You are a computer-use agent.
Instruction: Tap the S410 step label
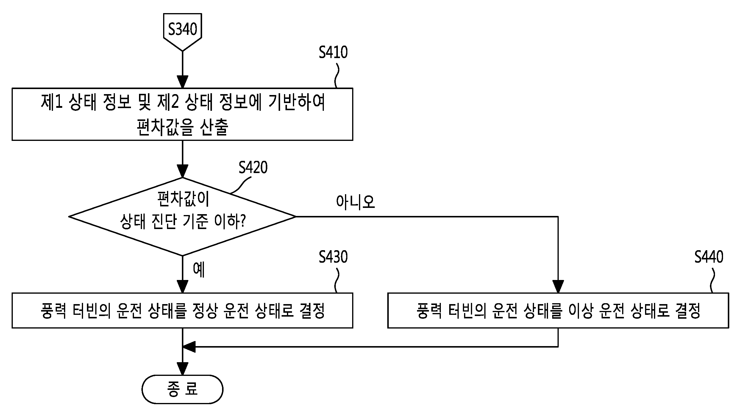click(333, 52)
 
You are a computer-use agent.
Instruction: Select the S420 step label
click(253, 167)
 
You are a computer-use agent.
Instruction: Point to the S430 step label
click(333, 257)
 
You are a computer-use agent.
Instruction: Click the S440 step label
click(709, 257)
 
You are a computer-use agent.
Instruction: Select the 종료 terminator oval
click(182, 389)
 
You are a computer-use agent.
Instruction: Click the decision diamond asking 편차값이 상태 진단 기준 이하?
click(182, 217)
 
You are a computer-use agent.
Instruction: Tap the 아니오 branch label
click(355, 202)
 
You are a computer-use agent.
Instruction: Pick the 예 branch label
click(199, 270)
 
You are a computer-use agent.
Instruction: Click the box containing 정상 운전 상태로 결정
click(182, 311)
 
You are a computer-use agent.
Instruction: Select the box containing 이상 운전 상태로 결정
click(558, 311)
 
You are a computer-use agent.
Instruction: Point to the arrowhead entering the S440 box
click(558, 287)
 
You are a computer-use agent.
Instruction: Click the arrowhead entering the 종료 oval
click(182, 369)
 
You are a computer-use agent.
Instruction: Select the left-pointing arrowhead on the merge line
click(189, 347)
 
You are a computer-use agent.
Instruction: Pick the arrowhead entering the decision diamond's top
click(182, 171)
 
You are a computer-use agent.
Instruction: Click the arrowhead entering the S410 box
click(182, 82)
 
